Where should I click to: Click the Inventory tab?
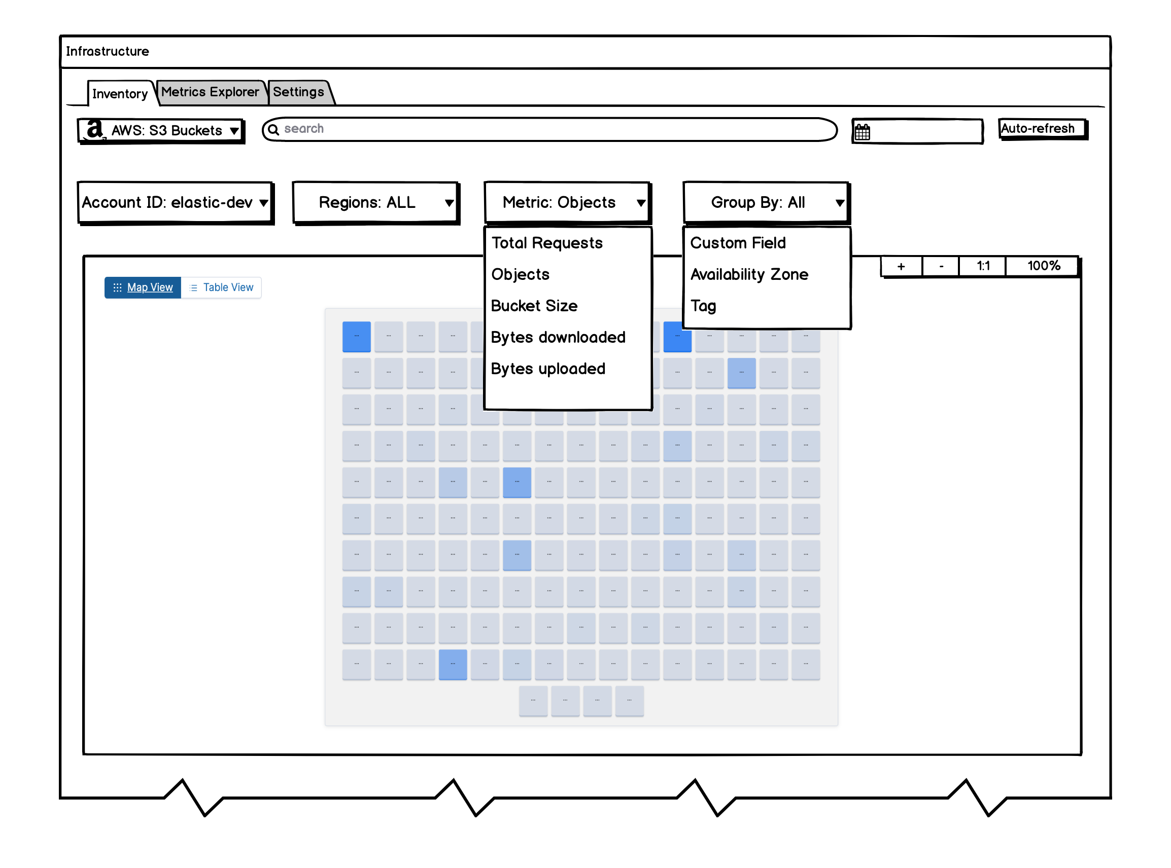[x=119, y=93]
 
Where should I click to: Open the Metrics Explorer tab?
[x=210, y=92]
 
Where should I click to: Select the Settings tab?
[x=298, y=92]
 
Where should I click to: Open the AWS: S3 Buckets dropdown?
[x=161, y=130]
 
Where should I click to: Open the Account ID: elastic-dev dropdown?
[x=175, y=203]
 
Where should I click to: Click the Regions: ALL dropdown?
[x=375, y=203]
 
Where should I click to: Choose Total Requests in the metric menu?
[x=547, y=243]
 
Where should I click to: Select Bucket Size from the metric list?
[x=534, y=306]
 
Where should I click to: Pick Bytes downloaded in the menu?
[x=558, y=337]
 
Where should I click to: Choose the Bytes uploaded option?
[x=548, y=369]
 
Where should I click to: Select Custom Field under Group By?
[x=738, y=243]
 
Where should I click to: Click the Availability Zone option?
[x=749, y=274]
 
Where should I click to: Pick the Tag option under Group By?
[x=703, y=306]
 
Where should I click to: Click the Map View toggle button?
[x=143, y=287]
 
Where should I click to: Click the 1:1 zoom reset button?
[x=983, y=266]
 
